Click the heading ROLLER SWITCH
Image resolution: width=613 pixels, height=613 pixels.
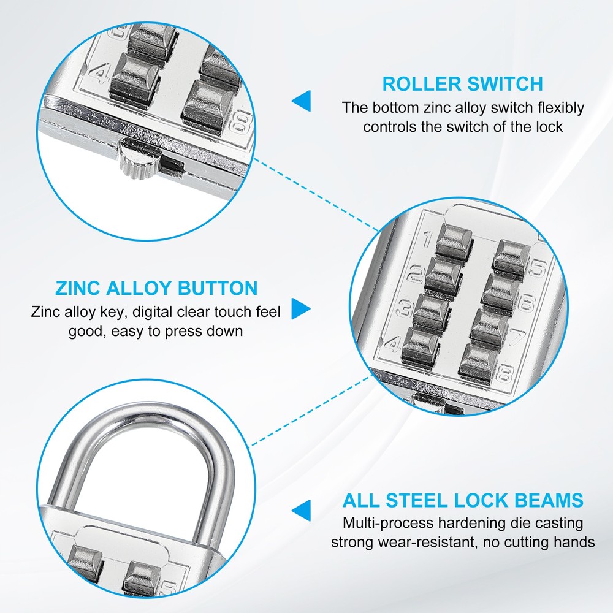(463, 83)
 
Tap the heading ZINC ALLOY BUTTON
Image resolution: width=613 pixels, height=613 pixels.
(156, 288)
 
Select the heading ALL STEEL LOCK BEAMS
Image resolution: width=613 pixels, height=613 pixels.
(463, 500)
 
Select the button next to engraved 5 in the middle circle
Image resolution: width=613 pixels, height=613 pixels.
(512, 254)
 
